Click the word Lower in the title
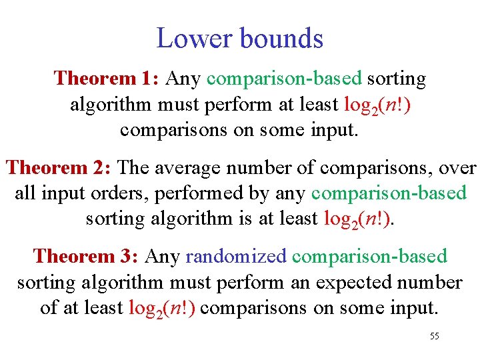click(x=194, y=38)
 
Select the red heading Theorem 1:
click(x=106, y=79)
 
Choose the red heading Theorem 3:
click(x=86, y=257)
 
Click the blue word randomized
click(x=236, y=257)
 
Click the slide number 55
click(x=434, y=336)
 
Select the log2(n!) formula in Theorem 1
click(x=377, y=105)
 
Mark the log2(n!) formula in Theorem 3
click(x=163, y=309)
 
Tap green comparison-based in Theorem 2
click(x=389, y=194)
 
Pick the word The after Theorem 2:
click(x=135, y=168)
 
